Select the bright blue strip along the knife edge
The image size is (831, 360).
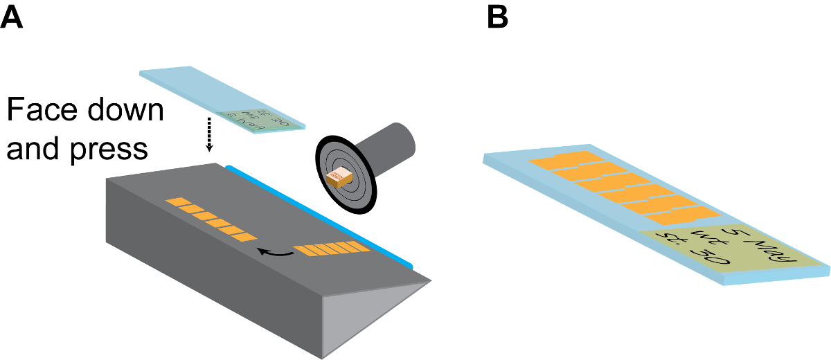(325, 215)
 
